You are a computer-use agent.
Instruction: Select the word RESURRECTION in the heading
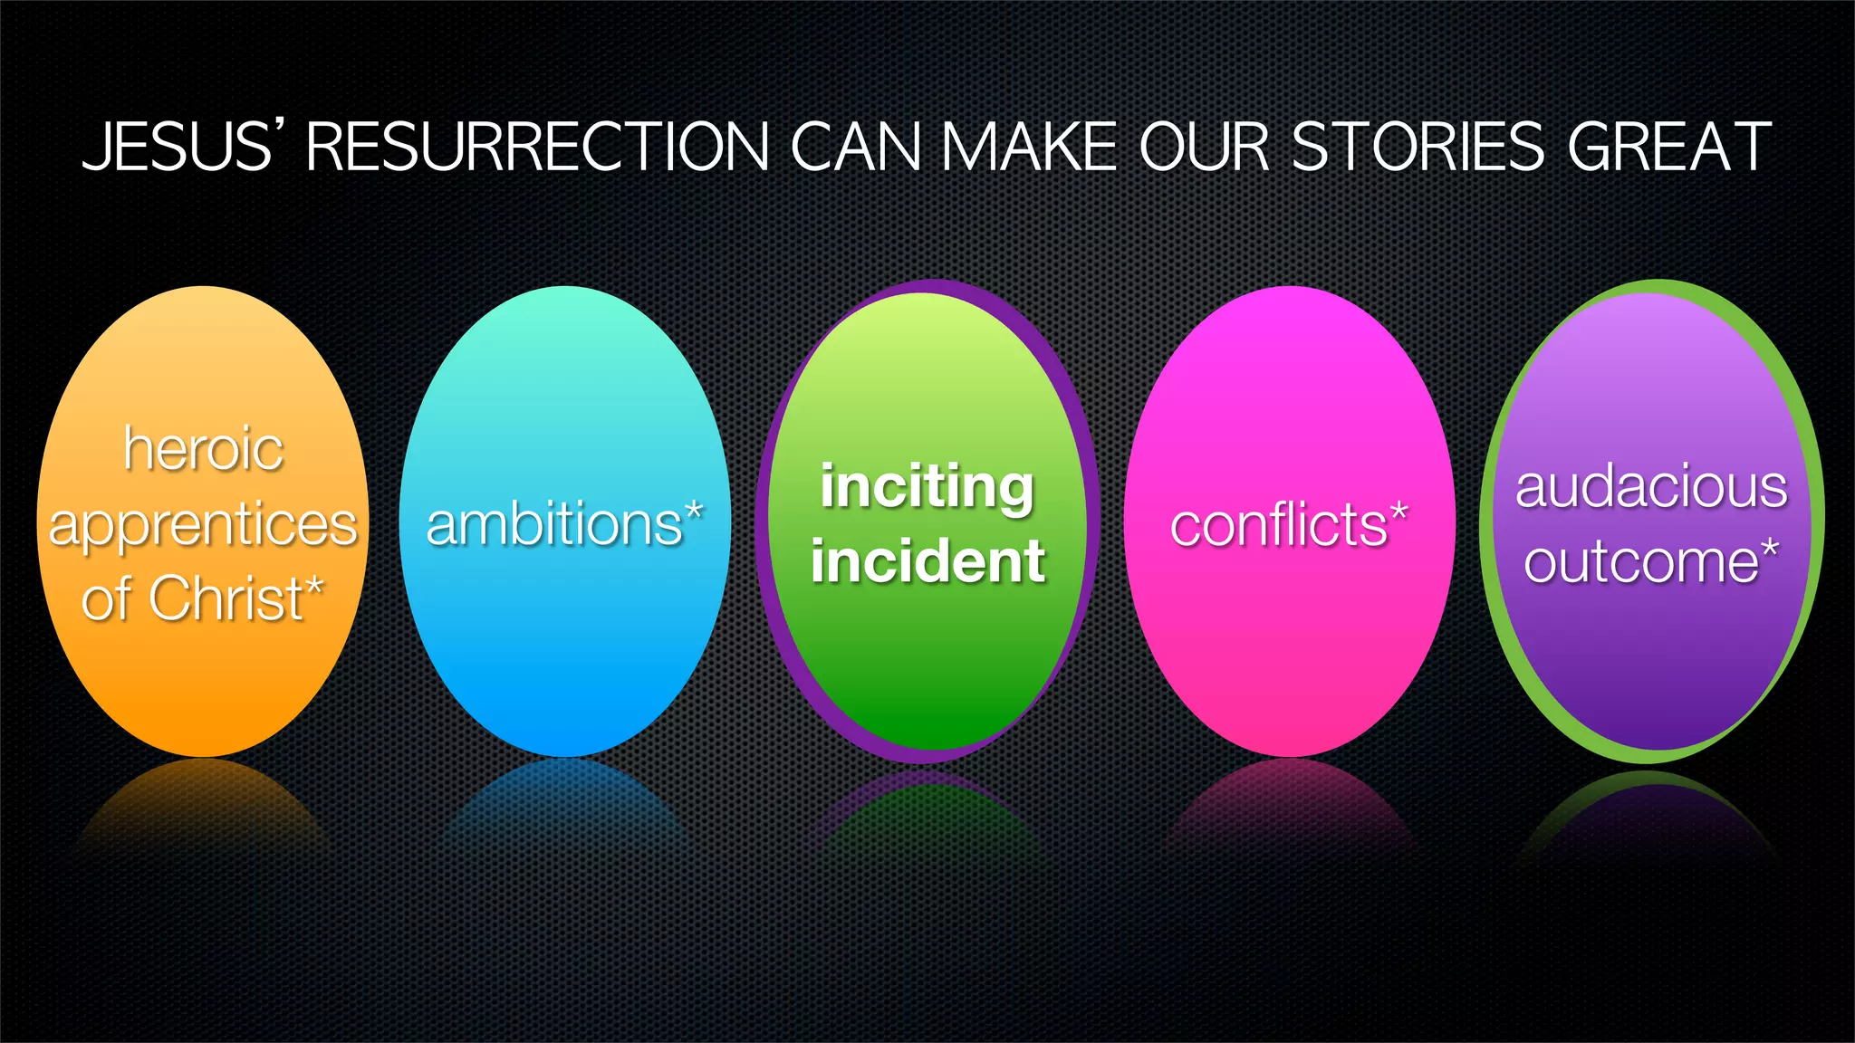coord(538,147)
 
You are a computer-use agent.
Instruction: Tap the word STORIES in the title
coord(1418,147)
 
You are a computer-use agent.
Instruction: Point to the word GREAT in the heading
coord(1669,147)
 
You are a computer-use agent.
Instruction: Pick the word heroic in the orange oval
coord(204,449)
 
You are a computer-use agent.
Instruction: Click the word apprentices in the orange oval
coord(204,525)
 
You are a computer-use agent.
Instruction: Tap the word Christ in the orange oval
coord(226,598)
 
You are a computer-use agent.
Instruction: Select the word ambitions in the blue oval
coord(554,525)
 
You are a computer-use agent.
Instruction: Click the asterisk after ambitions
coord(694,512)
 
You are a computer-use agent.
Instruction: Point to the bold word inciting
coord(927,488)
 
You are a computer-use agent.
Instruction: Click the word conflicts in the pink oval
coord(1278,525)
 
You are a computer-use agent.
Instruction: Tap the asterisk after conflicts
coord(1399,512)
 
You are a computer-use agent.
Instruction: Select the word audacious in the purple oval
coord(1651,488)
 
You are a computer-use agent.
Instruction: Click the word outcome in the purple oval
coord(1640,562)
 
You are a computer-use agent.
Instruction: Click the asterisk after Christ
coord(314,587)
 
